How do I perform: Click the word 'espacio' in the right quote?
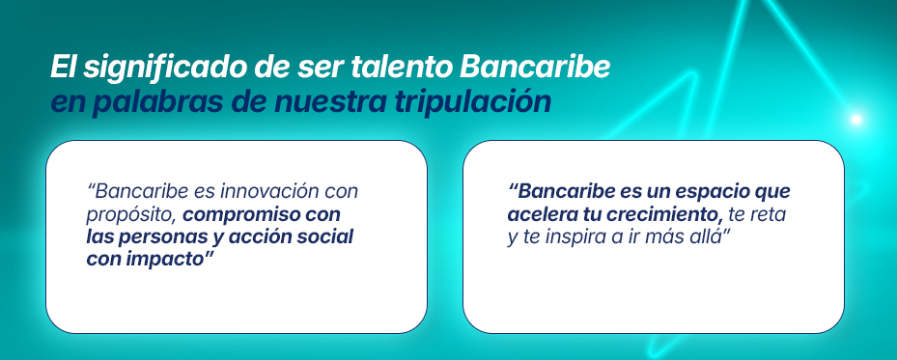707,191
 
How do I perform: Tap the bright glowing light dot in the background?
855,120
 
